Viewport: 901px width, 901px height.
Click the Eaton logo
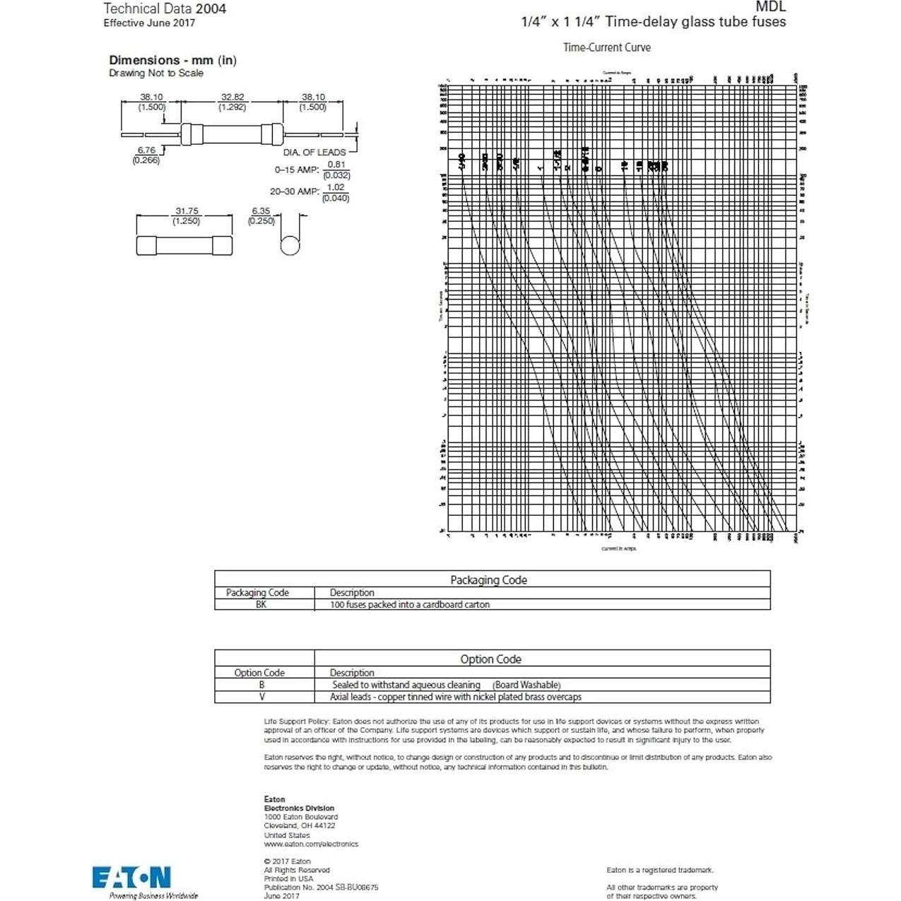[x=131, y=877]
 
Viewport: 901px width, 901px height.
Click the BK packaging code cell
[x=261, y=605]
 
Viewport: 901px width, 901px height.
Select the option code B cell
[x=261, y=685]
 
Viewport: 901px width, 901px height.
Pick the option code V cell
[x=261, y=697]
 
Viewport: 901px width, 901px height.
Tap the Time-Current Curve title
[x=606, y=47]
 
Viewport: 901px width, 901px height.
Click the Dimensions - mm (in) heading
[x=172, y=60]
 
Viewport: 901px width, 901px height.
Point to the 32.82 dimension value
[x=232, y=98]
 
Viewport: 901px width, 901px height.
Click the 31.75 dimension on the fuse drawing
[x=187, y=211]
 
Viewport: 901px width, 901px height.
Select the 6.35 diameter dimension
[x=261, y=211]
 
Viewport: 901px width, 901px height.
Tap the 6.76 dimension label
[x=146, y=150]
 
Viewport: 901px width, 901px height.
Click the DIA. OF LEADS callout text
[x=314, y=152]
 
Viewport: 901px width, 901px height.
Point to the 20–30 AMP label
[x=294, y=192]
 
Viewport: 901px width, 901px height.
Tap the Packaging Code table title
[x=488, y=580]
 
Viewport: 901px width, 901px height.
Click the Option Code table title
[x=490, y=659]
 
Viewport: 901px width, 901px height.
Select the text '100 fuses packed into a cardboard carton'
[x=409, y=605]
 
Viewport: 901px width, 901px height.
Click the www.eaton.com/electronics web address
[x=311, y=844]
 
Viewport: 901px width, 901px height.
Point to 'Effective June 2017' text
[x=149, y=23]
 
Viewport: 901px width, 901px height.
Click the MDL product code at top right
[x=770, y=7]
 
